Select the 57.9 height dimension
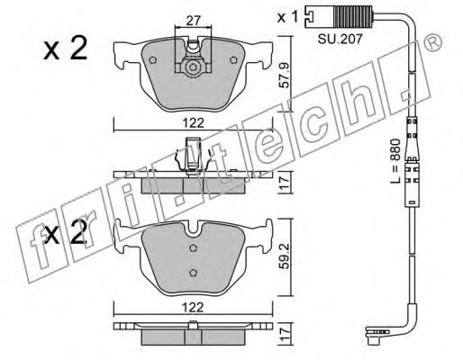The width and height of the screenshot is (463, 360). pos(284,68)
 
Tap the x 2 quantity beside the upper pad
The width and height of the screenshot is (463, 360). pos(65,49)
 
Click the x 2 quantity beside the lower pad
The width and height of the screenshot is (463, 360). pos(65,238)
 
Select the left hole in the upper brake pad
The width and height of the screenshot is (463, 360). pos(153,62)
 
